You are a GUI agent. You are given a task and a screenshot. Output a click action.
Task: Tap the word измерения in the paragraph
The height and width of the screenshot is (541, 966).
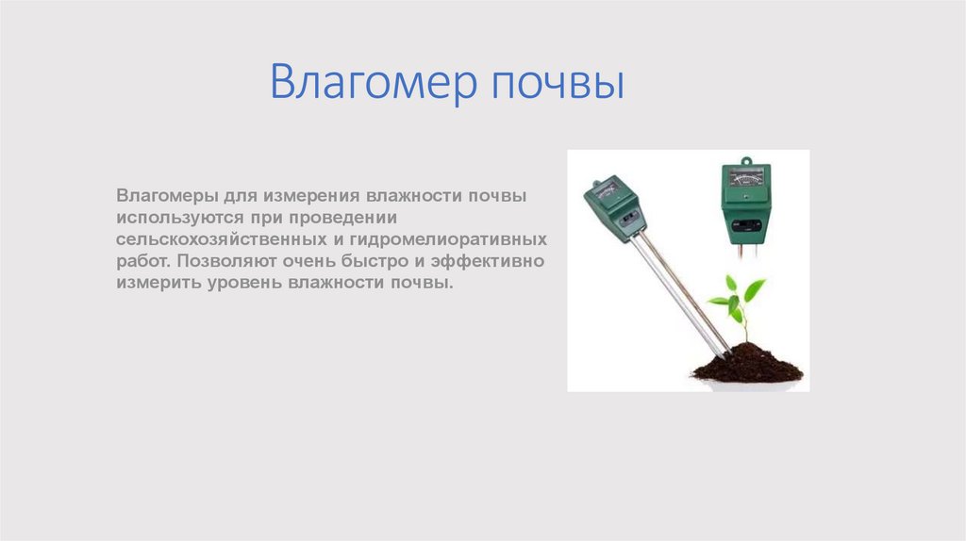(319, 197)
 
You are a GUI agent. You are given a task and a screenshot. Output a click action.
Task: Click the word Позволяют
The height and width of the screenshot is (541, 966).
(222, 261)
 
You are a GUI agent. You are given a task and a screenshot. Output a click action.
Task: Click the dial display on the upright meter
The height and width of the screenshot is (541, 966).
(745, 178)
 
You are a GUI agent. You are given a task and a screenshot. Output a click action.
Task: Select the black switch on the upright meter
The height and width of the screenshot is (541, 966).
(745, 224)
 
